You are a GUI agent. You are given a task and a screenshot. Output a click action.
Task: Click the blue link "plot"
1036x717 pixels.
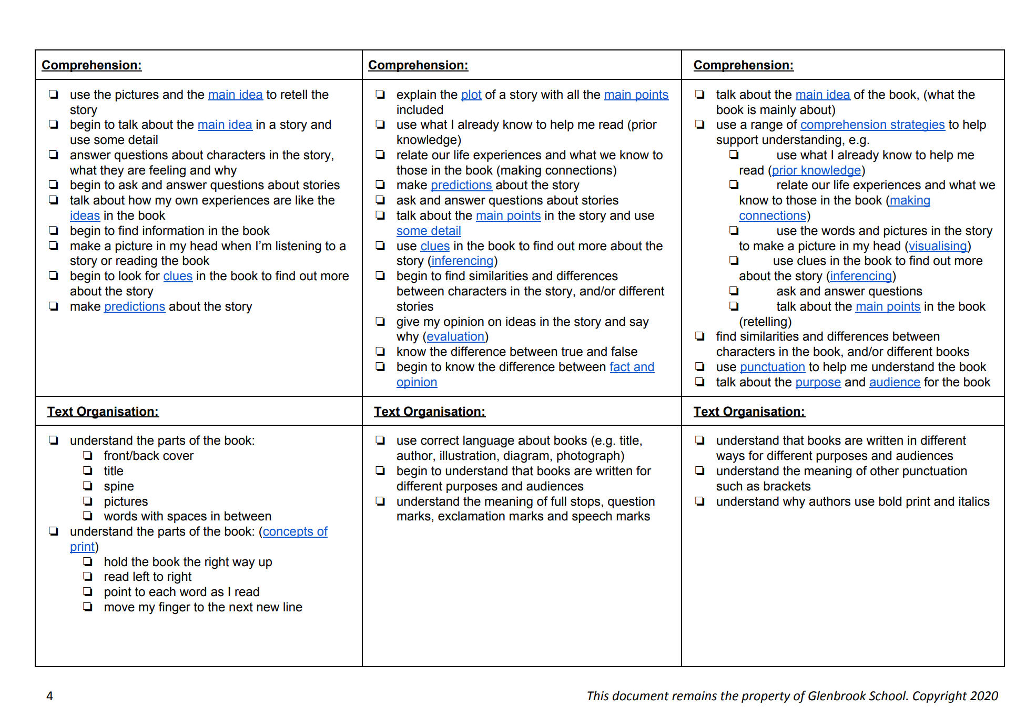coord(471,95)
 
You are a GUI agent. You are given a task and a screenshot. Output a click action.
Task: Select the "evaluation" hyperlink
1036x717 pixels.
coord(455,337)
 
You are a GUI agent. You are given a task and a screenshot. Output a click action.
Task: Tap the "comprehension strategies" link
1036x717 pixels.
coord(872,125)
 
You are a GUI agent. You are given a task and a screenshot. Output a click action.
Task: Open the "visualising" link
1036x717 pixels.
coord(938,247)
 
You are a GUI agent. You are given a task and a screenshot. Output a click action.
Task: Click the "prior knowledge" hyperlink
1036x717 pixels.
coord(816,171)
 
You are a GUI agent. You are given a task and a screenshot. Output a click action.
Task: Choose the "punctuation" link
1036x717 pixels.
coord(772,367)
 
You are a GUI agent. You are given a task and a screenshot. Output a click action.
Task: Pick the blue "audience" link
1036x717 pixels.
coord(895,383)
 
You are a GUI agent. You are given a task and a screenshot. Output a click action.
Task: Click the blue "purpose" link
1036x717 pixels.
coord(818,383)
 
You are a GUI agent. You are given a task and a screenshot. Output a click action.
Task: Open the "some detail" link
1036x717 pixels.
coord(429,231)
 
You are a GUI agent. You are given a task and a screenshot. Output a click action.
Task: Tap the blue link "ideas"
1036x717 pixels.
coord(85,216)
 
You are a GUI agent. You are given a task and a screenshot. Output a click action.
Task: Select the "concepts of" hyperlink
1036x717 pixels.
coord(295,532)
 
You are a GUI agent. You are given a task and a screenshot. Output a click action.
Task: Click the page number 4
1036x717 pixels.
coord(50,696)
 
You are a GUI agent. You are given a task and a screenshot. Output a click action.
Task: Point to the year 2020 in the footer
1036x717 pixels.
coord(984,696)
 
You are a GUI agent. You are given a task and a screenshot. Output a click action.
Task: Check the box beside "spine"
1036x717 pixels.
coord(88,486)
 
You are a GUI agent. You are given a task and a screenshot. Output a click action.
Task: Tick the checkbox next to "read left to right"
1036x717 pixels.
coord(88,577)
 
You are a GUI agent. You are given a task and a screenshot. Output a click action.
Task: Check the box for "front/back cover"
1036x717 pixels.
coord(88,456)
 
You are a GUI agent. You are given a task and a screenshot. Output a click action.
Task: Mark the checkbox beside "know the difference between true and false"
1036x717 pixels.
coord(380,352)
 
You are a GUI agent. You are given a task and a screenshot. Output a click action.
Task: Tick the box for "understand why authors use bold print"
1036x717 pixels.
coord(700,501)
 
